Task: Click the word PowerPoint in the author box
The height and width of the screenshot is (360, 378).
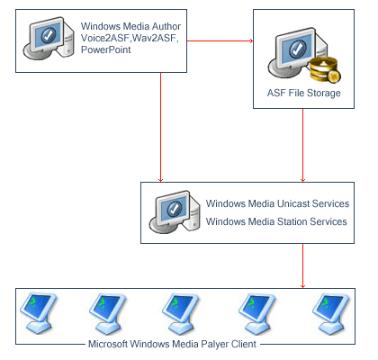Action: (106, 49)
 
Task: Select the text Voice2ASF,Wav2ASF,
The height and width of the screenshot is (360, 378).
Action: (130, 38)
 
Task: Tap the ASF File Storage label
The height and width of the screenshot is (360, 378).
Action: (304, 93)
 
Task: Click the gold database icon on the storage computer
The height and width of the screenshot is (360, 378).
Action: (325, 70)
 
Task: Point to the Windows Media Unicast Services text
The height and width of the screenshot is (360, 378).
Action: (277, 203)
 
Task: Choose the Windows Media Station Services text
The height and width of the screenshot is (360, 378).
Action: (276, 221)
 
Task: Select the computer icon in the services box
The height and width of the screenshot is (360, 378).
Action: (175, 211)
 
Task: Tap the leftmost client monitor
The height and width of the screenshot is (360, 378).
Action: (38, 313)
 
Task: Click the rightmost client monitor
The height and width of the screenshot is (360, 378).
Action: (330, 313)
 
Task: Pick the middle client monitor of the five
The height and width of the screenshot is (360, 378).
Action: (180, 313)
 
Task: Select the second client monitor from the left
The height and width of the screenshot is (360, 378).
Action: (107, 313)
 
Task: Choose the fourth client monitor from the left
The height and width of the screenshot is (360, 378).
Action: (256, 313)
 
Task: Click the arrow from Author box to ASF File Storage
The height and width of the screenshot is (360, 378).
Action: (220, 40)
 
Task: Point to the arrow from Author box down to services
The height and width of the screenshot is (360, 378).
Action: (160, 127)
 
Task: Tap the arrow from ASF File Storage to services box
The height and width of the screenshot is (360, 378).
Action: (302, 145)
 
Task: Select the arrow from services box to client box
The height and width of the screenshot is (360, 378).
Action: (302, 265)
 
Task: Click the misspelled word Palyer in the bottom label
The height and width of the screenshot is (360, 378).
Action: (214, 344)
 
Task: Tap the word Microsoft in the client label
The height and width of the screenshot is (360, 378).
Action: (108, 344)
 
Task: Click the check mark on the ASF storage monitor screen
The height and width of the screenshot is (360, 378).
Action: (298, 49)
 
